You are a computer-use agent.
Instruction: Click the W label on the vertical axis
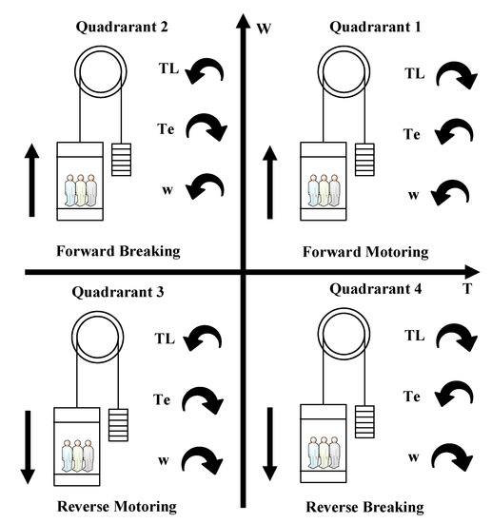point(265,29)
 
